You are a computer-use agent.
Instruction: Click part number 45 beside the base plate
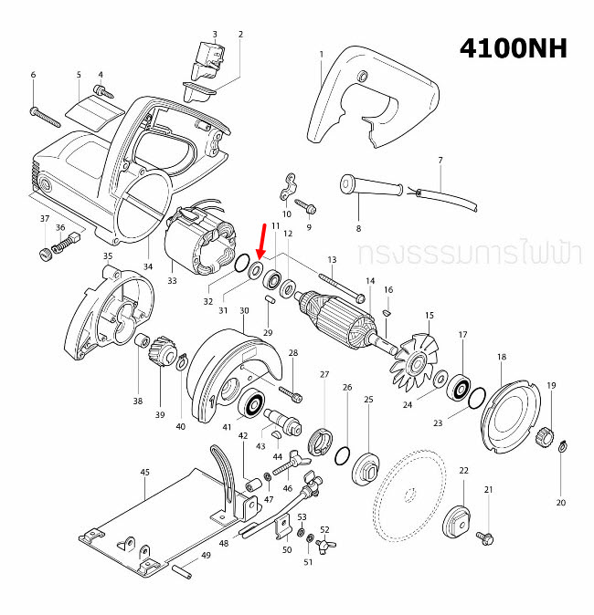(x=144, y=473)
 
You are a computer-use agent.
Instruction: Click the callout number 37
(x=43, y=219)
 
